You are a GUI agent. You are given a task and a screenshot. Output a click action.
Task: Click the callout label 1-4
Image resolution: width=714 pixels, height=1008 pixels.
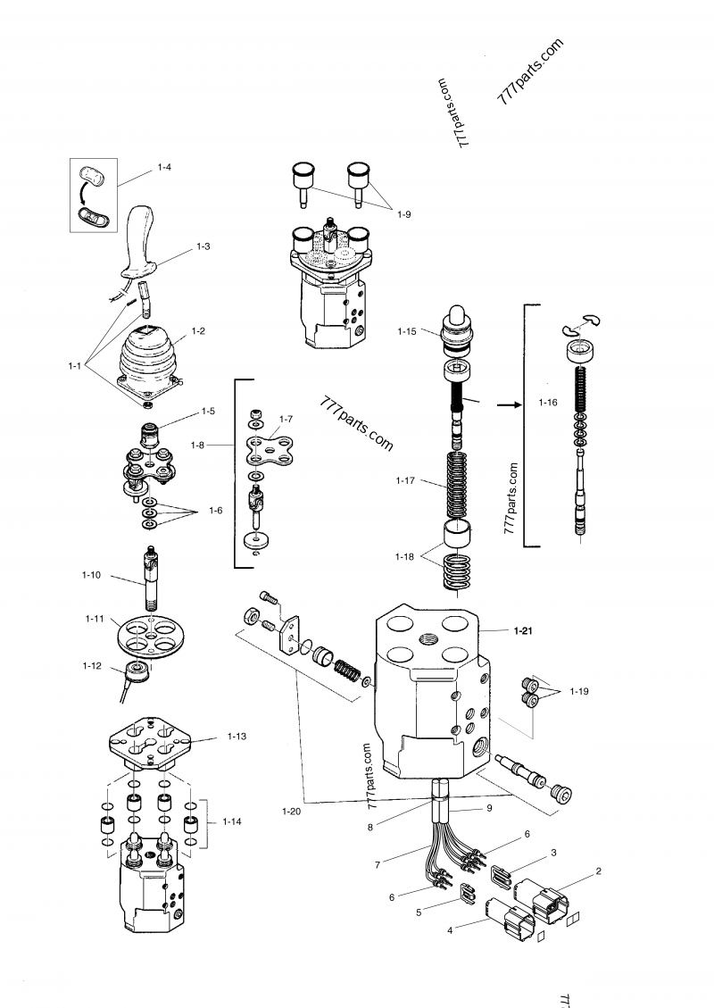pos(164,168)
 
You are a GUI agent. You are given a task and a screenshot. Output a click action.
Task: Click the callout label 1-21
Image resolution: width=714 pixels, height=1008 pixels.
pos(523,631)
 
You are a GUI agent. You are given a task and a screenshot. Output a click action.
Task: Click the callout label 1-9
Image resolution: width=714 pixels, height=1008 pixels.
pos(404,215)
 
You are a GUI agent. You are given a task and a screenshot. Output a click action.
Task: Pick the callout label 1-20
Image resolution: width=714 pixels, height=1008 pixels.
pos(291,811)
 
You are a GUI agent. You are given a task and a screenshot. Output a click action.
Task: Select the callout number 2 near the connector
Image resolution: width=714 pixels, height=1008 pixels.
pos(599,870)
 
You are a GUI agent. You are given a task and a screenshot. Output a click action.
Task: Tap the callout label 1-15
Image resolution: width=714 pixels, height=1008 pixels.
pos(406,332)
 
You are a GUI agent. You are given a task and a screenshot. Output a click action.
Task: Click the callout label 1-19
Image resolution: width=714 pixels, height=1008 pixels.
pos(580,691)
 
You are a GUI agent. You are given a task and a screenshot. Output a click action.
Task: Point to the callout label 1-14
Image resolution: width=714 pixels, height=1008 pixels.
pos(232,821)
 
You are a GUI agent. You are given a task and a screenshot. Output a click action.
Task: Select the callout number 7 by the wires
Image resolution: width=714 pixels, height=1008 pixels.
pos(378,865)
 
